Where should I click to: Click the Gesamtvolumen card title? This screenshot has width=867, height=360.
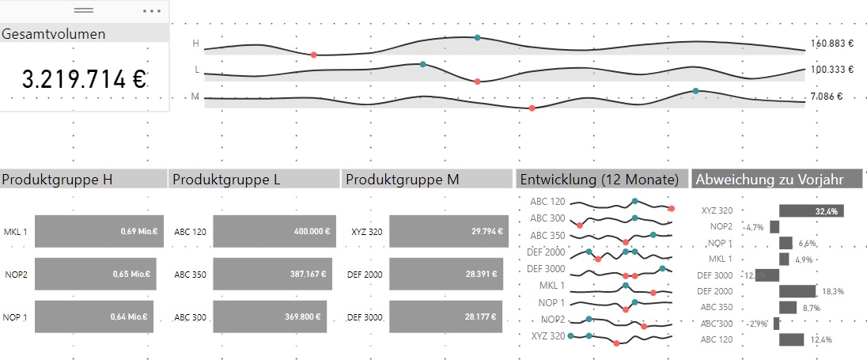[54, 34]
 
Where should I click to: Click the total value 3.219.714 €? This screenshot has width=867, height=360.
[84, 79]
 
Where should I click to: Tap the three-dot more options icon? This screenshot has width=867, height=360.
[152, 11]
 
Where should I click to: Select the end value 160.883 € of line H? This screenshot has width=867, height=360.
[832, 44]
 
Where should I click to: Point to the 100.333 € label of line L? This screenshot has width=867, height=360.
[832, 69]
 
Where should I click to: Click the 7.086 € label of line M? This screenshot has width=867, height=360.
[827, 97]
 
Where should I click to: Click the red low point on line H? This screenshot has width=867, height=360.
[314, 55]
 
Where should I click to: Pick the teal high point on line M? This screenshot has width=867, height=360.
[695, 91]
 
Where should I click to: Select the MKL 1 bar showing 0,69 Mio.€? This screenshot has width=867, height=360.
[99, 231]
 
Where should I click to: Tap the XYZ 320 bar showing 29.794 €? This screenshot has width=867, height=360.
[447, 231]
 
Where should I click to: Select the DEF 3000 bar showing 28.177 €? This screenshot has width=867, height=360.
[445, 316]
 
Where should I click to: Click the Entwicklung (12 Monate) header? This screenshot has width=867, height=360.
[599, 180]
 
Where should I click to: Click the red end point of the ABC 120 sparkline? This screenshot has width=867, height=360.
[671, 208]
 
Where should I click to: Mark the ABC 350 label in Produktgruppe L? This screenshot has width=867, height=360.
[190, 275]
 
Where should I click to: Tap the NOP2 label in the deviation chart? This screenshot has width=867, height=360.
[721, 226]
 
